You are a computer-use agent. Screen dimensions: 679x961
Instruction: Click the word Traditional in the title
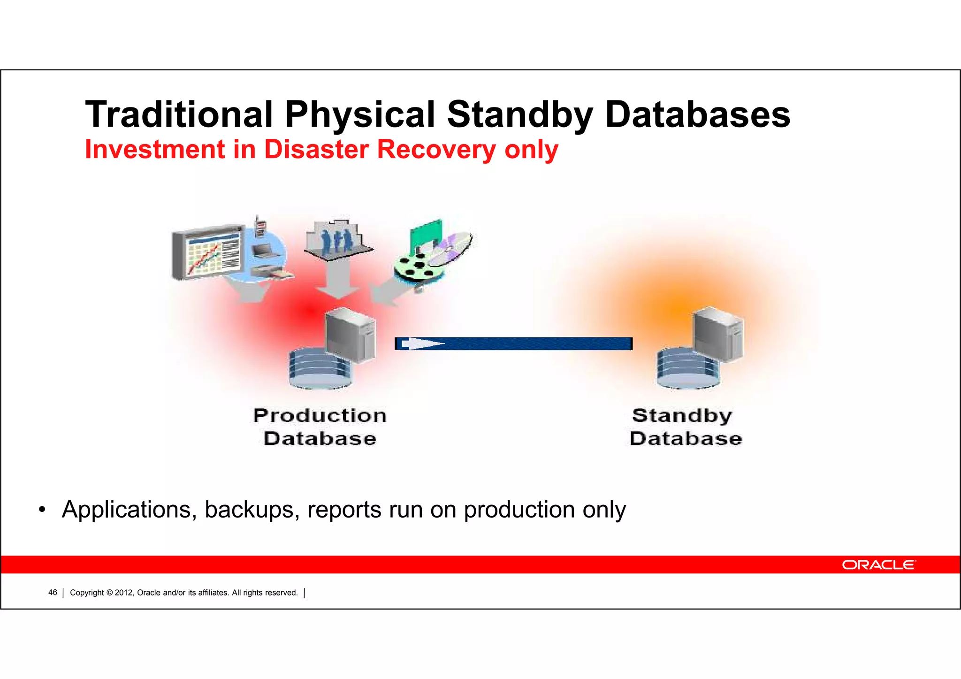[x=178, y=114]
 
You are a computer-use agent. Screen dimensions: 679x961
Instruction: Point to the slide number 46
[x=53, y=593]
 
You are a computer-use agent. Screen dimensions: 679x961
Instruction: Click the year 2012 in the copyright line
[x=124, y=593]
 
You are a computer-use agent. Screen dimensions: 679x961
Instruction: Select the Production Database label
[x=320, y=427]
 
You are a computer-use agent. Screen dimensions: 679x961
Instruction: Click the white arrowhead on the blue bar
[x=422, y=344]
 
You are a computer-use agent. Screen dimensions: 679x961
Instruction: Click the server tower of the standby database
[x=718, y=334]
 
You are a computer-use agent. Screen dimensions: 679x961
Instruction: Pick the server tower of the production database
[x=351, y=334]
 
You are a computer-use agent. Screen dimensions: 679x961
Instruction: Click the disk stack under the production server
[x=319, y=370]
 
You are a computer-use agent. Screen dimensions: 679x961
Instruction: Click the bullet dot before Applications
[x=42, y=510]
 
